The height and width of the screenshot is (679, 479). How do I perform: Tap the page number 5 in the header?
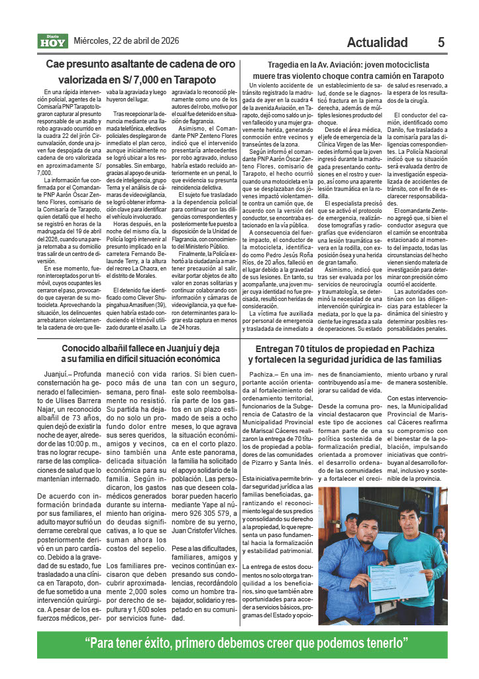441,42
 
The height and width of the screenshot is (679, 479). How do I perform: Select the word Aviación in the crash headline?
345,65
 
